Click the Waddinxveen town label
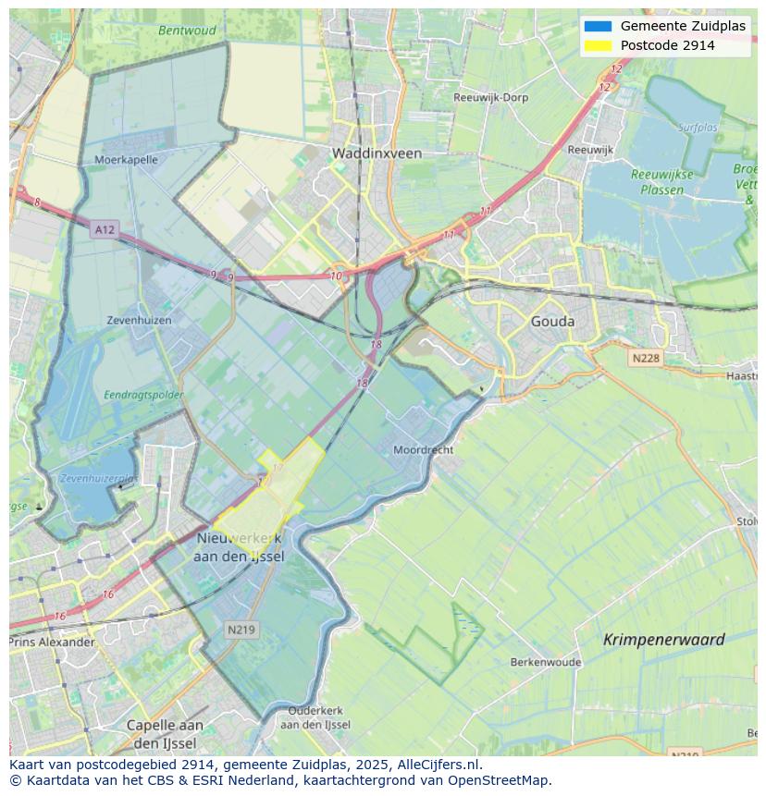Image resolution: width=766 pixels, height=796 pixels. coord(377,153)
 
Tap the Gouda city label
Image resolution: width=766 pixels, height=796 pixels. coord(552,322)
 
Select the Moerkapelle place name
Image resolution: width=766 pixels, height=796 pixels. coord(126,159)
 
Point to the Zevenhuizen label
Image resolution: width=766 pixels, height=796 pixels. coord(139,320)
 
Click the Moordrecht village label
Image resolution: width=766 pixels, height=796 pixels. coord(423,449)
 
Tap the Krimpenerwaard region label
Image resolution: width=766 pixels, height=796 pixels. coord(663,639)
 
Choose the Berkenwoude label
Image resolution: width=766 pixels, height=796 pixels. coord(546,662)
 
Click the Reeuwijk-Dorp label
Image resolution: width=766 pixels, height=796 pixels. coord(490,97)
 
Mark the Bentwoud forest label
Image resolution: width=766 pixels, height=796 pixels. coord(187,31)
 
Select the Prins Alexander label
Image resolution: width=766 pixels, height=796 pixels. coord(53,642)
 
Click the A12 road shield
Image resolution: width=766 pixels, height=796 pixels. coord(105,229)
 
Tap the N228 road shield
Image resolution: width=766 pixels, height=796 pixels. coord(647,358)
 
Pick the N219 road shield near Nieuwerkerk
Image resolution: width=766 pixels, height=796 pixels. coord(241,629)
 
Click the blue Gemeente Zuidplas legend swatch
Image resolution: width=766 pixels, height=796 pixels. coord(598,26)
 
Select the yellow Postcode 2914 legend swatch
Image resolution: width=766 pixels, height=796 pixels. coord(598,45)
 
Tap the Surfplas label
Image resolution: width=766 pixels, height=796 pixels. coord(698,128)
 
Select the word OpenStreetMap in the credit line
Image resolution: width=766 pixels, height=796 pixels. coord(500,780)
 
